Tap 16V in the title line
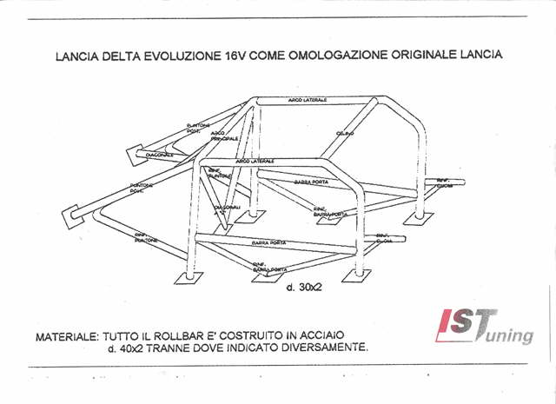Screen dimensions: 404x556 click(x=233, y=55)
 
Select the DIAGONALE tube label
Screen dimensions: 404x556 click(x=159, y=155)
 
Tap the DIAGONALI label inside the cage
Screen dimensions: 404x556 click(x=228, y=210)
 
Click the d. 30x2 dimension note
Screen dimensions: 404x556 click(x=304, y=286)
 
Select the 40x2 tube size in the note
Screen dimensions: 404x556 click(x=128, y=348)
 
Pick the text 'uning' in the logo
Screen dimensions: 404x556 click(x=507, y=334)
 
